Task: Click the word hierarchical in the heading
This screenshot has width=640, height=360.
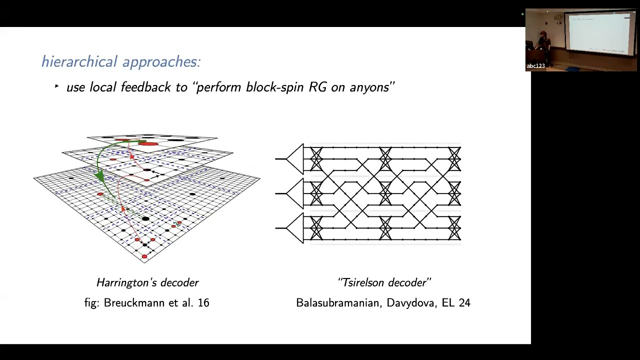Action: click(x=79, y=61)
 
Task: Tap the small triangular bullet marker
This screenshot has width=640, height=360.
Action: click(x=56, y=86)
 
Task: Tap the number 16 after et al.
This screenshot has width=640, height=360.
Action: click(x=203, y=302)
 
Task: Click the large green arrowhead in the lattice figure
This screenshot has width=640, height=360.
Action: click(x=100, y=176)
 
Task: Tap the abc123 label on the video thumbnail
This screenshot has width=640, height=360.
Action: click(x=535, y=66)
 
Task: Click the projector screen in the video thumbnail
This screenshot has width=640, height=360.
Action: click(x=598, y=33)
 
